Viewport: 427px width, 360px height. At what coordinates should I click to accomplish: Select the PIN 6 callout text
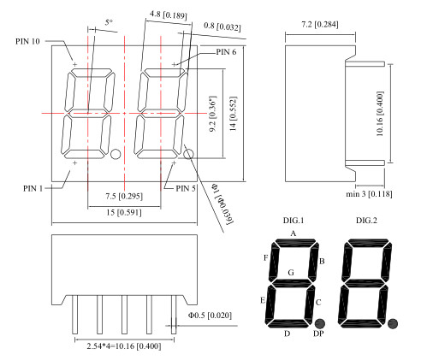tap(225, 52)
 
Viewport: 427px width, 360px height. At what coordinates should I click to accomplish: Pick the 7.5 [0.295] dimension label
tap(125, 196)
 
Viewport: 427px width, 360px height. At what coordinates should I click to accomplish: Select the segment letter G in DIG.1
tap(291, 273)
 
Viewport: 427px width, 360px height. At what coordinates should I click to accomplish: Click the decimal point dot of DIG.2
tap(393, 323)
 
